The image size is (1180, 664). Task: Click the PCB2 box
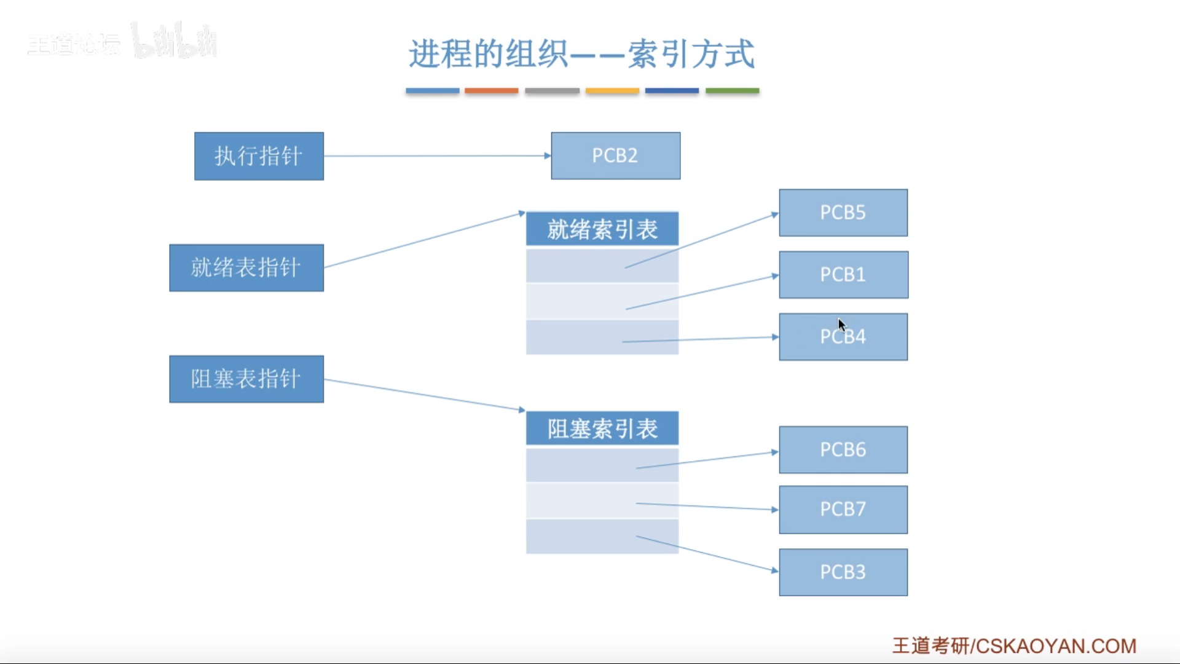(615, 156)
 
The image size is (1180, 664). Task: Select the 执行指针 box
(259, 156)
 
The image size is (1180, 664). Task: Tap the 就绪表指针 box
(246, 268)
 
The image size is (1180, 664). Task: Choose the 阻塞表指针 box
(246, 379)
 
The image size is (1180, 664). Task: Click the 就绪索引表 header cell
(602, 229)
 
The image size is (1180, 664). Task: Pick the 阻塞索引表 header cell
(602, 429)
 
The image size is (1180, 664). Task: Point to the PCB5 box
(843, 213)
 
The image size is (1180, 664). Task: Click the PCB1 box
(843, 275)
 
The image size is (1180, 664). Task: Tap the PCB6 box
(843, 449)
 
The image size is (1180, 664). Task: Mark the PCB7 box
(843, 509)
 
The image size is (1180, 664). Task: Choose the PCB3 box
(843, 572)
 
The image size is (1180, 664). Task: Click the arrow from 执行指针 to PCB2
(436, 156)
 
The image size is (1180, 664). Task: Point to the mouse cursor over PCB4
(841, 324)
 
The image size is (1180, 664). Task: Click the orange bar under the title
(491, 90)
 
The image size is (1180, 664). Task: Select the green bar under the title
(732, 90)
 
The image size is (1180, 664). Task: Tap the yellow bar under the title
(612, 90)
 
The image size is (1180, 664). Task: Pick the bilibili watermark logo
(175, 41)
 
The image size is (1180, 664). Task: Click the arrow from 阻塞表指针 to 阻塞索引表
(424, 395)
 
